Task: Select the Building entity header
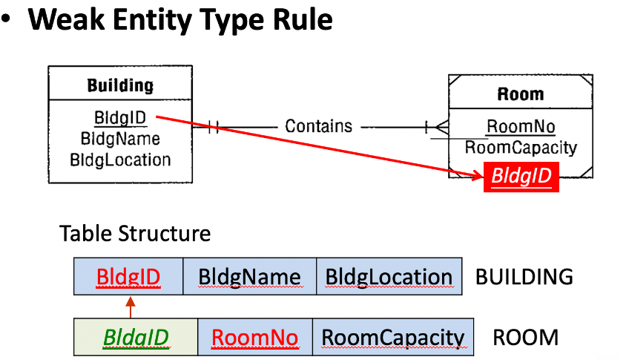tap(120, 85)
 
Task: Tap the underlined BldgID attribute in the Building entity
tap(120, 117)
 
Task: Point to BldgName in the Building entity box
tap(120, 139)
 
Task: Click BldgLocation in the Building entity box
tap(120, 160)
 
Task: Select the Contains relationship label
tap(318, 126)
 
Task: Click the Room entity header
tap(521, 94)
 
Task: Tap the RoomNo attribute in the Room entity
tap(521, 126)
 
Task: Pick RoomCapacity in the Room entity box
tap(521, 147)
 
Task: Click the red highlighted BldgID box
tap(521, 177)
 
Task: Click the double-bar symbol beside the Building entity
tap(214, 127)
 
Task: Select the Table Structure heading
tap(135, 233)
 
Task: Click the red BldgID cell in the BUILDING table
tap(128, 277)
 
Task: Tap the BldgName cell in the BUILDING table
tap(249, 277)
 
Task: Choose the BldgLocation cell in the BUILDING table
tap(389, 277)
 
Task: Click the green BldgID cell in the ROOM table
tap(136, 337)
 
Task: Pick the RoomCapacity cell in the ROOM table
tap(393, 337)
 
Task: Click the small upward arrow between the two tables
tap(131, 307)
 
